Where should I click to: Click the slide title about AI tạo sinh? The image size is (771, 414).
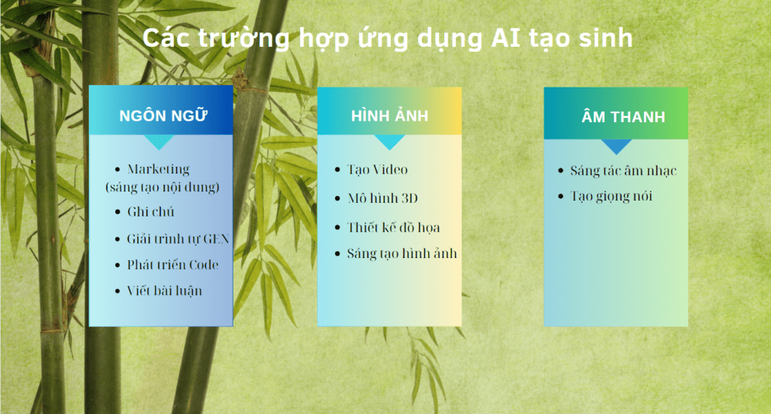tap(388, 38)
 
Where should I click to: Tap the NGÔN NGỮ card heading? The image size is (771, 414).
tap(163, 115)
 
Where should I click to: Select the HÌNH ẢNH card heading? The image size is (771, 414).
tap(389, 115)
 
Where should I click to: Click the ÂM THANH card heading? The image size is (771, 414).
tap(623, 117)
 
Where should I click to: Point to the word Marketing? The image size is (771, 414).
tap(158, 170)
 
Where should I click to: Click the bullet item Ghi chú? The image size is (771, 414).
tap(151, 212)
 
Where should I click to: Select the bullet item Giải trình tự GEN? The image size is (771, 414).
tap(178, 239)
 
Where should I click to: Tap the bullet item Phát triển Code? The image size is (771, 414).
tap(172, 265)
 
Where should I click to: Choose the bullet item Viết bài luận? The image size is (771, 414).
tap(164, 291)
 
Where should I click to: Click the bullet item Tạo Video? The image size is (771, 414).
tap(377, 170)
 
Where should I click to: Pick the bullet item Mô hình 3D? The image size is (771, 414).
tap(382, 198)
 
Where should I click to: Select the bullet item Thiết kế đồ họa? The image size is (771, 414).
tap(393, 228)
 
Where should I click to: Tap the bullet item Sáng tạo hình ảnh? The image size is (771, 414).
tap(402, 253)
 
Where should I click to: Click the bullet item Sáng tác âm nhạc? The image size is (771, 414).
tap(623, 171)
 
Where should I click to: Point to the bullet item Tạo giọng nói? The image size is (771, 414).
tap(611, 196)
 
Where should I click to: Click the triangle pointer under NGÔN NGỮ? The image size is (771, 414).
tap(158, 142)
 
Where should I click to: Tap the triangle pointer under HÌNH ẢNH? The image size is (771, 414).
tap(389, 142)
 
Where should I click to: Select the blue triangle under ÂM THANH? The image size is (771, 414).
tap(616, 146)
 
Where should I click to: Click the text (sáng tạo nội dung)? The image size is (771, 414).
tap(163, 188)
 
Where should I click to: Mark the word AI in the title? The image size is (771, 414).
tap(505, 38)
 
